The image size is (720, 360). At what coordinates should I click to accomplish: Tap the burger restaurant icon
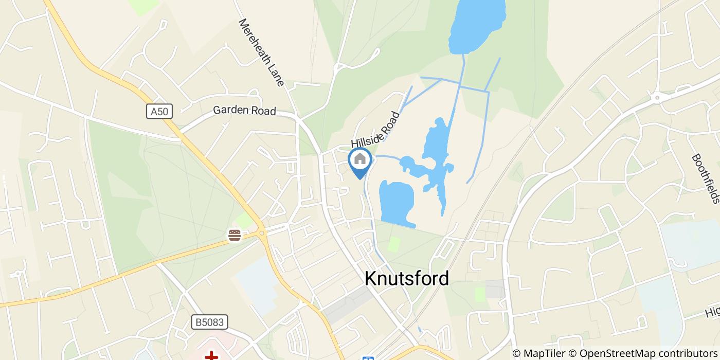(x=235, y=236)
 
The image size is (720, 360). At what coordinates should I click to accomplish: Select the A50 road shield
(x=159, y=112)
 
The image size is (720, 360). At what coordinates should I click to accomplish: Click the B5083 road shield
(x=209, y=322)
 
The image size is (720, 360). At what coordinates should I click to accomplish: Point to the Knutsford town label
(x=406, y=278)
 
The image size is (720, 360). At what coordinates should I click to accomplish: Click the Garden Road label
(x=244, y=110)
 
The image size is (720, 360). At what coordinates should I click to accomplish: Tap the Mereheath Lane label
(x=261, y=52)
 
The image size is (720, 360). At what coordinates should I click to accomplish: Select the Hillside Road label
(x=375, y=129)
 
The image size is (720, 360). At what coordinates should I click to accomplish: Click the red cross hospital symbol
(x=211, y=355)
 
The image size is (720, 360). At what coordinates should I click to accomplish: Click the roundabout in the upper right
(x=657, y=96)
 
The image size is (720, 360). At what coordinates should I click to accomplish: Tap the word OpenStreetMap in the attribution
(x=610, y=353)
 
